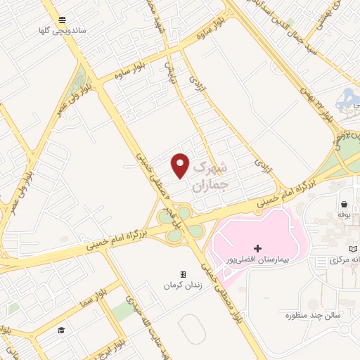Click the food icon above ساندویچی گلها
[x=63, y=20]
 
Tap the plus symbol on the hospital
[x=258, y=248]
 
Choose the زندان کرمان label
[x=183, y=285]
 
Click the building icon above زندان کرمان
[x=183, y=274]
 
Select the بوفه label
[x=344, y=212]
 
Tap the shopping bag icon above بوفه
[x=344, y=201]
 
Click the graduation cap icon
[x=61, y=330]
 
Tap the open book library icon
[x=354, y=249]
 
